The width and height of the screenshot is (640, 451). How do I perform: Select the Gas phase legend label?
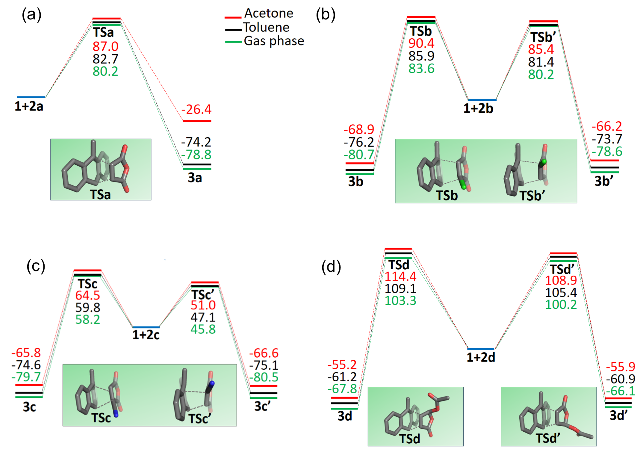tap(274, 41)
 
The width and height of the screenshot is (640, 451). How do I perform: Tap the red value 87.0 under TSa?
tap(105, 46)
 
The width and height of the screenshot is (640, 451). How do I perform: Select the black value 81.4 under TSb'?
tap(541, 62)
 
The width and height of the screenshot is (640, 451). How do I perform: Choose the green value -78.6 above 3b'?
tap(607, 152)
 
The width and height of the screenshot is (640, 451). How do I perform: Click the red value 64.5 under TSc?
tap(88, 295)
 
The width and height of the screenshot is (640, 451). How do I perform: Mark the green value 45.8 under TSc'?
tap(203, 329)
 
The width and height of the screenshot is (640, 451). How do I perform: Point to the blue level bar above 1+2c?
tap(146, 327)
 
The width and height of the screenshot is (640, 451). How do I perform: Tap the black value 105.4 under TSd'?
tap(561, 293)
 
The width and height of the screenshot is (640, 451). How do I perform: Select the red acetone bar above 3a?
tap(197, 121)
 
